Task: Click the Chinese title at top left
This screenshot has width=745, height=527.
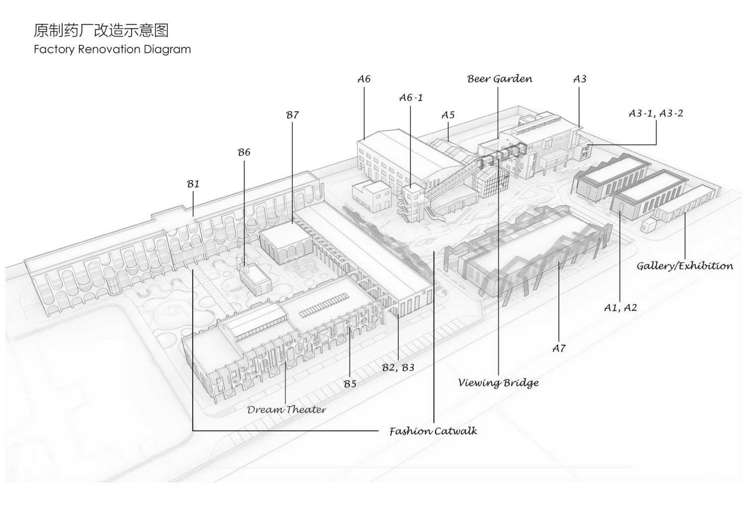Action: (x=101, y=30)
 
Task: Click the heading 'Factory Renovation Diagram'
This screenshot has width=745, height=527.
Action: (x=112, y=50)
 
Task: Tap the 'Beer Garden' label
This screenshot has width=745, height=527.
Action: (x=500, y=79)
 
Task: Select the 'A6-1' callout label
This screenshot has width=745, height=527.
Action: (x=411, y=97)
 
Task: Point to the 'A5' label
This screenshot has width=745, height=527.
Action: (x=447, y=115)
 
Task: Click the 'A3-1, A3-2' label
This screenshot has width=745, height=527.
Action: (x=656, y=113)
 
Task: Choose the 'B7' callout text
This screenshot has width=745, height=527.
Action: (x=293, y=115)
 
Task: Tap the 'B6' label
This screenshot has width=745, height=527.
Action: (x=244, y=152)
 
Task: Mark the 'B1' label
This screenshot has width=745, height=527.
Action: (x=193, y=184)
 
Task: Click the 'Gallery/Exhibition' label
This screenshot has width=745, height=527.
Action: (x=685, y=266)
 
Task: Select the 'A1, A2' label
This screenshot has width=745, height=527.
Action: (x=620, y=307)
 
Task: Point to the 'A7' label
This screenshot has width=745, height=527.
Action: (x=559, y=348)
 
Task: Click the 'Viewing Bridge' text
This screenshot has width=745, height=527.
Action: (x=498, y=382)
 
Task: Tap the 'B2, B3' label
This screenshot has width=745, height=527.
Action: (x=398, y=367)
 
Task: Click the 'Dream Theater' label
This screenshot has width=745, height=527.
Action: (x=287, y=409)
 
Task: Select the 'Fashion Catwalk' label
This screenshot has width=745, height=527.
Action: (x=433, y=431)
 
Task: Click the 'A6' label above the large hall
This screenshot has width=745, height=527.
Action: (x=364, y=79)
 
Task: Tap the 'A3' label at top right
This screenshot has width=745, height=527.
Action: (x=580, y=79)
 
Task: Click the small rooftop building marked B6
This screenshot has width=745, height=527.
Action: (x=255, y=279)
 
